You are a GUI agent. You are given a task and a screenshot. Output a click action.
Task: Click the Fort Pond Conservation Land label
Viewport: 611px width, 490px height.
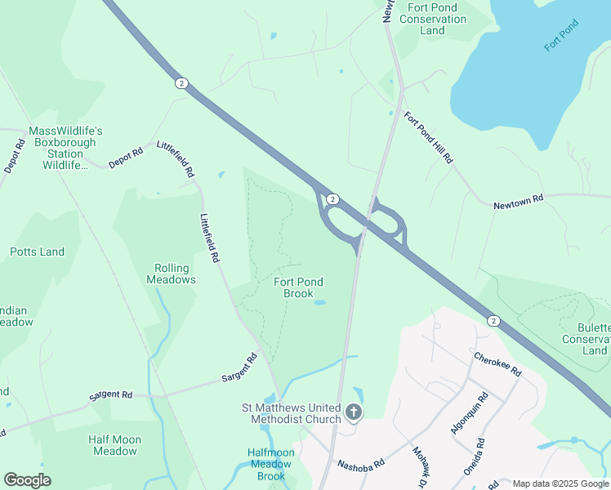coord(433,19)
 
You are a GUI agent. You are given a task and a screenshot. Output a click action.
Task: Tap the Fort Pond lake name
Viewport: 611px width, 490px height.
coord(561,36)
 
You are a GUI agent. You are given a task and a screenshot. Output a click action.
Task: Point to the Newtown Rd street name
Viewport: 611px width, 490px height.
coord(518,203)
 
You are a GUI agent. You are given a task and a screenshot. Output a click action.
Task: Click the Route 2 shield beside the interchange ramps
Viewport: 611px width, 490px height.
coord(332,199)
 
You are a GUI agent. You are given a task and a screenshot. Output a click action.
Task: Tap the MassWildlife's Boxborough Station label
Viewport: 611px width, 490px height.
coord(65,148)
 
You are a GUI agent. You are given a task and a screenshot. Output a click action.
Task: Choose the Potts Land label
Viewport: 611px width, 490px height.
coord(37,252)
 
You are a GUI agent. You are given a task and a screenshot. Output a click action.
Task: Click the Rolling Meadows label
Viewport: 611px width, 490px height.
coord(172,274)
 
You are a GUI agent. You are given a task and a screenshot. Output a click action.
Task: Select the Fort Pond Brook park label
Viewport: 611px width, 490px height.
coord(298,287)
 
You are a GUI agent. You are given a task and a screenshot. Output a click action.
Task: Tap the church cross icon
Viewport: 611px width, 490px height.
coord(354,412)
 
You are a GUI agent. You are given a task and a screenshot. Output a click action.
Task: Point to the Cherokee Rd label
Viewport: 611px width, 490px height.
coord(497,363)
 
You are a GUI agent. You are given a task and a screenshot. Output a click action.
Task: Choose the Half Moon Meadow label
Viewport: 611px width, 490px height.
coord(114,445)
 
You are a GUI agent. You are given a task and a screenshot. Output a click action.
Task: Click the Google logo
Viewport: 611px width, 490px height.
coord(27,480)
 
